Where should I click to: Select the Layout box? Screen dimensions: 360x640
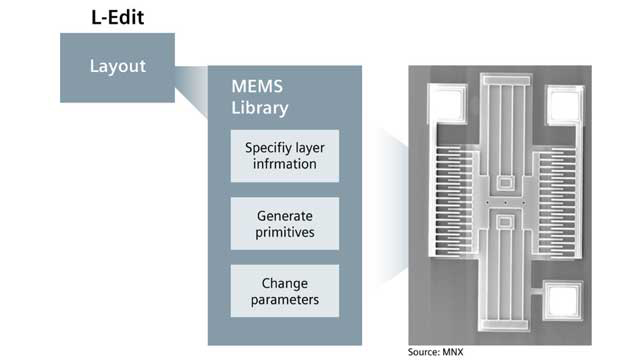coord(117,67)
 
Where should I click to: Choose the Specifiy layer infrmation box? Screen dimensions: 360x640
coord(285,155)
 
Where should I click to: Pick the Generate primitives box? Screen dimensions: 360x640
coord(285,223)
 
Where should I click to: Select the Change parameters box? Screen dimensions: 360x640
coord(285,291)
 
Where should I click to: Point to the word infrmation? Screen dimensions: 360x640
coord(285,164)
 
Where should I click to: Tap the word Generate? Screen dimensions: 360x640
coord(285,215)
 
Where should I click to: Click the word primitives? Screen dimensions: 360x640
coord(285,232)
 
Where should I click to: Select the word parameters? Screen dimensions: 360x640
coord(285,300)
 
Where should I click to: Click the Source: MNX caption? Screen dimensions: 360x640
coord(437,351)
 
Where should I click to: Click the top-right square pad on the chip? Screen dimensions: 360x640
coord(562,101)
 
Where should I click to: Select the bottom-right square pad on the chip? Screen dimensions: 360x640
coord(562,298)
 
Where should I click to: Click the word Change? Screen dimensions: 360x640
coord(285,283)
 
